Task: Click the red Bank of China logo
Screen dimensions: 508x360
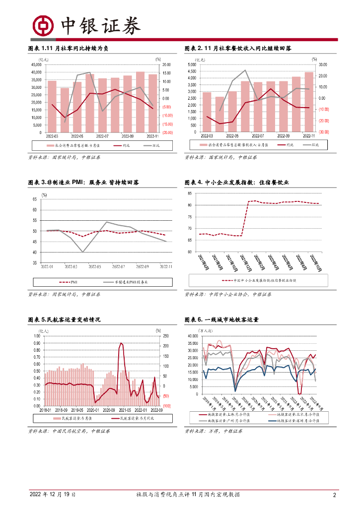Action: click(43, 25)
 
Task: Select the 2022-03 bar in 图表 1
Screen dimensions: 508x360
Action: click(52, 106)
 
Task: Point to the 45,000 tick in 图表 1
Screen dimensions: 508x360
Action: click(36, 64)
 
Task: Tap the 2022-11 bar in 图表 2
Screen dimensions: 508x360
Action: click(309, 102)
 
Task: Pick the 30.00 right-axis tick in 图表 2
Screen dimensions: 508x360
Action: click(322, 64)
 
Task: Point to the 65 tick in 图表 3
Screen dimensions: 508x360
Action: click(35, 199)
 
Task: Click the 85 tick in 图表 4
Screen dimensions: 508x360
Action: click(190, 191)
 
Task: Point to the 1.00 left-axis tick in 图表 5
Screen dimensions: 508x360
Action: click(37, 336)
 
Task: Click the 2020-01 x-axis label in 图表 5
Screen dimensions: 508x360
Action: click(93, 410)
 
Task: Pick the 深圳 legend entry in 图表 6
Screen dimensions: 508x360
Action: click(302, 421)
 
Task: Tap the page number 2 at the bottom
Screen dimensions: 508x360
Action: click(334, 495)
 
